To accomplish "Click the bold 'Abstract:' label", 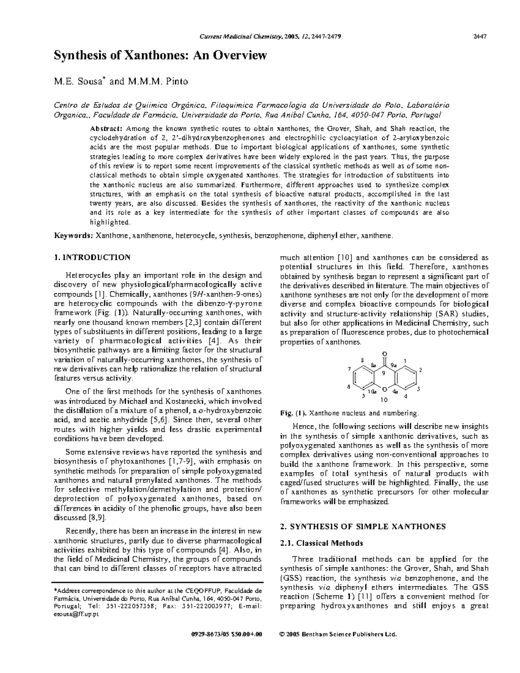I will click(x=107, y=129).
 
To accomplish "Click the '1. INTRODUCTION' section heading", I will click(x=91, y=257).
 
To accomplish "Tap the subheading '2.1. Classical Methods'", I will click(x=322, y=543).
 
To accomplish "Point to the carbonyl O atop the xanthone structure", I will click(x=384, y=353).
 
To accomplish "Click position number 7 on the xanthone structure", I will click(x=349, y=369).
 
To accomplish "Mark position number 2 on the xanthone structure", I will click(x=420, y=370).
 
